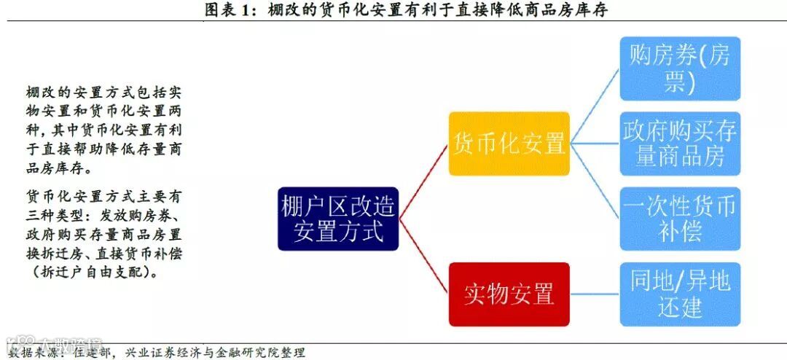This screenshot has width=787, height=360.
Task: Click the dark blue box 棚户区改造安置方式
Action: tap(337, 219)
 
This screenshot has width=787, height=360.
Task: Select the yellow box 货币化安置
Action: tap(509, 144)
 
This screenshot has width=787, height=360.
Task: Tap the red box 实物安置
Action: tap(509, 294)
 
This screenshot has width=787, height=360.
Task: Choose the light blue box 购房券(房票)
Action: tap(680, 69)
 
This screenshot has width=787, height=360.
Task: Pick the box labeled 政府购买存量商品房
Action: tap(680, 144)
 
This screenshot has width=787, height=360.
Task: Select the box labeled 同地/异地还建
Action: tap(680, 294)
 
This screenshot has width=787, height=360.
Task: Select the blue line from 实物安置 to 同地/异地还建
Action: tap(595, 294)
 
